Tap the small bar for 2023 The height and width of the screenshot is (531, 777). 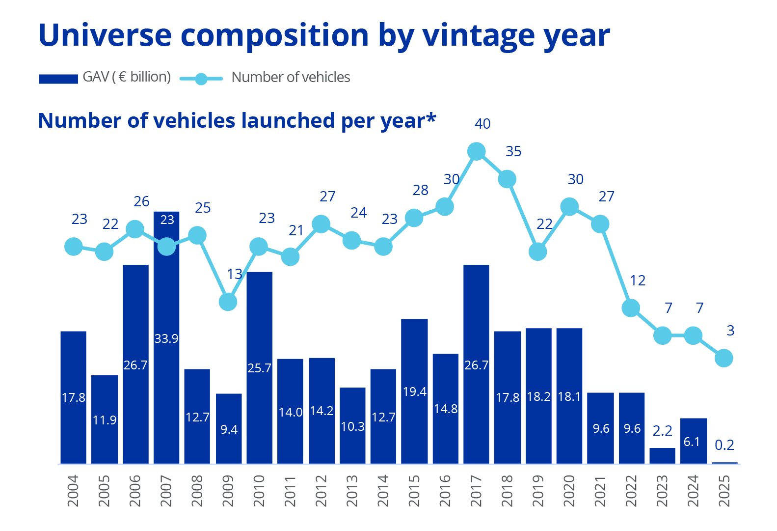point(662,455)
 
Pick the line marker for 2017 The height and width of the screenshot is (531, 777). point(476,152)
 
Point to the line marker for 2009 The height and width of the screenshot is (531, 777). point(228,302)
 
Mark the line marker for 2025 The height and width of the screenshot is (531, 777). point(724,358)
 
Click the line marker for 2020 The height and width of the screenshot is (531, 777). point(569,207)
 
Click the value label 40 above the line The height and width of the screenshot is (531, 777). point(482,124)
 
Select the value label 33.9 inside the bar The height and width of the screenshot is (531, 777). point(166,338)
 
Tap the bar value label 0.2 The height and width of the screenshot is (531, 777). point(724,445)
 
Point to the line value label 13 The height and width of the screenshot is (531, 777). point(235,274)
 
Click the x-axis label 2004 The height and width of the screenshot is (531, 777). point(73,490)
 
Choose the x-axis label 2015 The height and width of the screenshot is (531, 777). point(414,490)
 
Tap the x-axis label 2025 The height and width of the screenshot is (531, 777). point(724,490)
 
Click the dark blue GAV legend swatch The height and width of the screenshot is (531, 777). point(58,79)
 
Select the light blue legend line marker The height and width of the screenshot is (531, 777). point(201,79)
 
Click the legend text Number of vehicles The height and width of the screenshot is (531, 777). point(291,78)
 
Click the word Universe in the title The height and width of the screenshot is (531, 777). point(105,35)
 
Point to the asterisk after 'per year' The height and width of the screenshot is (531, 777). point(431,118)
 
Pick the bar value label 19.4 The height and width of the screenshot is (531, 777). point(415,391)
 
